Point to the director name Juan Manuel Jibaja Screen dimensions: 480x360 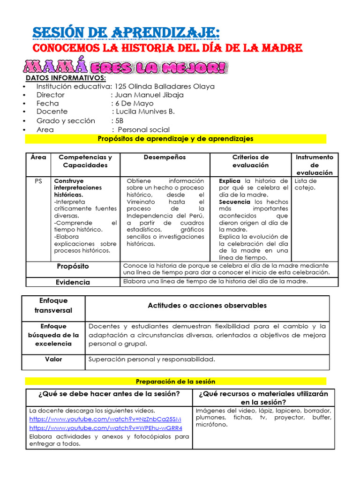tap(150, 95)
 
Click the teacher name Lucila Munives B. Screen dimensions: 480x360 tap(145, 112)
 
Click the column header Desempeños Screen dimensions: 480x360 tap(165, 157)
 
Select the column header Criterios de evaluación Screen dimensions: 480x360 tap(250, 161)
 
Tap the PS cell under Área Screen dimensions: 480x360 tap(38, 181)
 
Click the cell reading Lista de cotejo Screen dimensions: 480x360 tap(305, 184)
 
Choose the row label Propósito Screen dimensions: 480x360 tap(73, 266)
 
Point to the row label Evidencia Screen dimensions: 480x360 tap(73, 282)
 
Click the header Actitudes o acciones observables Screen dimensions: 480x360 tap(207, 306)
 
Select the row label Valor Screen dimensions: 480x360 tap(53, 360)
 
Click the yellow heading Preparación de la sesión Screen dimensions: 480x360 tap(175, 382)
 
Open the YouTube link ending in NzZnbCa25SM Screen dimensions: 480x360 tap(105, 419)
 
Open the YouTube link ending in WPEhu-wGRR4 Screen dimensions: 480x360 tap(105, 428)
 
